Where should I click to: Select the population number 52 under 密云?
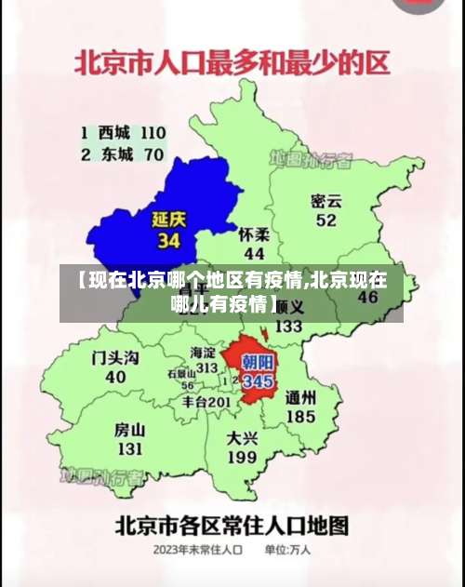click(x=325, y=220)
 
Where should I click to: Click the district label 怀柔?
click(x=254, y=234)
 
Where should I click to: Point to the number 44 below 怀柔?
click(x=254, y=253)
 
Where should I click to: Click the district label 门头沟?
click(x=115, y=358)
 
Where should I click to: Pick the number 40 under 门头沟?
click(x=115, y=377)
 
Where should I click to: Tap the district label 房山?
click(x=129, y=431)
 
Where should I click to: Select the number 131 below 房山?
click(x=129, y=449)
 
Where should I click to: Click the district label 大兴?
click(x=243, y=437)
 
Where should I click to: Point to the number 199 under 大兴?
click(x=242, y=457)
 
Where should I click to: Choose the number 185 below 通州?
click(x=300, y=416)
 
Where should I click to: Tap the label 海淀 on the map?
click(x=203, y=353)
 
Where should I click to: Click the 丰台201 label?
click(x=206, y=402)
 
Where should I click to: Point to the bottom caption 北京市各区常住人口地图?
click(x=232, y=524)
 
